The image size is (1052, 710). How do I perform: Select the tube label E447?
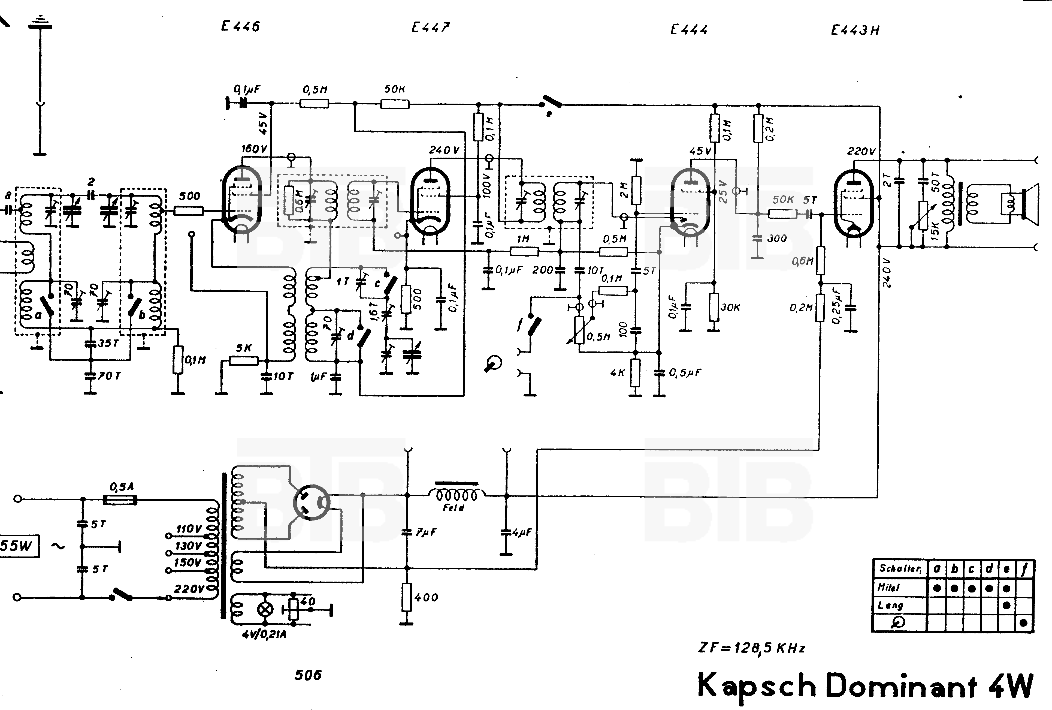tap(430, 27)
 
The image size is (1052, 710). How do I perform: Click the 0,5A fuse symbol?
tap(120, 500)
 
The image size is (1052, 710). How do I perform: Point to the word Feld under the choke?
tap(454, 508)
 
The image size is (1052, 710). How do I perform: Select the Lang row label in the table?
tap(890, 605)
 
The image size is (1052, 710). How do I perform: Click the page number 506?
tap(308, 675)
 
